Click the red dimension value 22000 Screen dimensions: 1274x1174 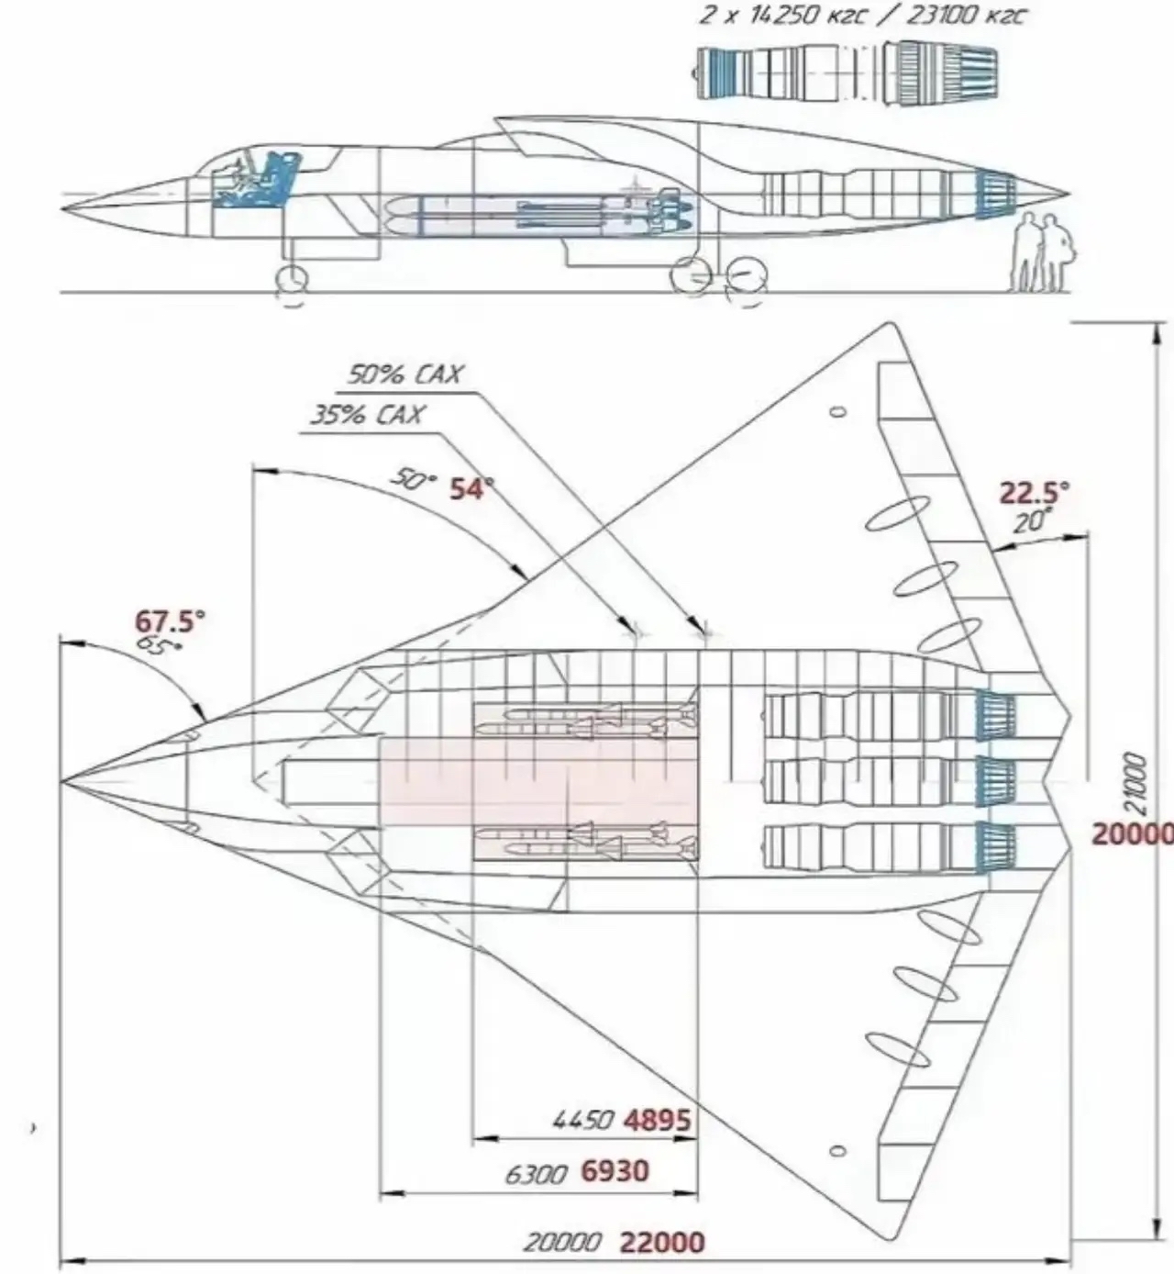663,1243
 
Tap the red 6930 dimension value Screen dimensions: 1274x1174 615,1171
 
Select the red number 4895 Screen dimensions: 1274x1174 657,1120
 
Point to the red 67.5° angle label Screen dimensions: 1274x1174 171,621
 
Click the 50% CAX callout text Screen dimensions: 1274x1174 404,374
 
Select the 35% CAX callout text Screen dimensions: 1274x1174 367,415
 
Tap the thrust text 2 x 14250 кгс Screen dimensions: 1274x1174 780,16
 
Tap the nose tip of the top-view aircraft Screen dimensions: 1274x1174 63,782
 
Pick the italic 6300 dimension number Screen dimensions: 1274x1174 537,1174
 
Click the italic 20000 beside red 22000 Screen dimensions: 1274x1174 562,1243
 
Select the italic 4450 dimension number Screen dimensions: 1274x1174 583,1121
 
